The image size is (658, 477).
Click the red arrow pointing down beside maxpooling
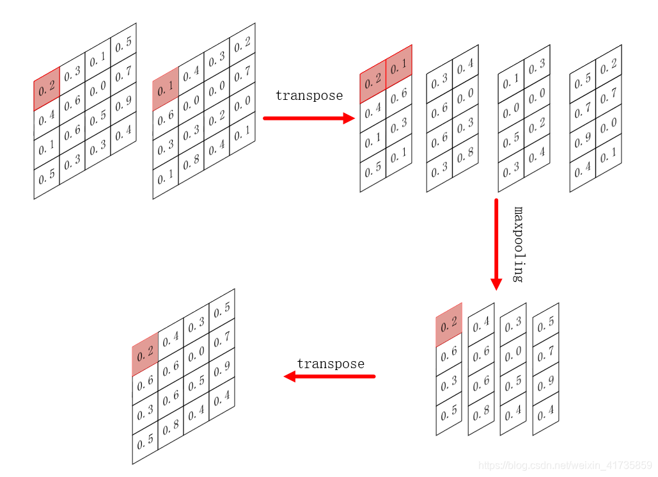coord(496,243)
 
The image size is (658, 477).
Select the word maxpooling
coord(519,244)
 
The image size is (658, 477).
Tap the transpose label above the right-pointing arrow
coord(309,96)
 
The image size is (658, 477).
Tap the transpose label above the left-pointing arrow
coord(330,364)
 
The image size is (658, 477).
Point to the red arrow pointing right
coord(309,118)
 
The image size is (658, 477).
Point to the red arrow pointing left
coord(329,376)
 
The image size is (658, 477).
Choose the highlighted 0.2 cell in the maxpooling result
coord(449,324)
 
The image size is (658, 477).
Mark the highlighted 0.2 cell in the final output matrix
coord(145,353)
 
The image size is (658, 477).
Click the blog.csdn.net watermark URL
coord(565,465)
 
